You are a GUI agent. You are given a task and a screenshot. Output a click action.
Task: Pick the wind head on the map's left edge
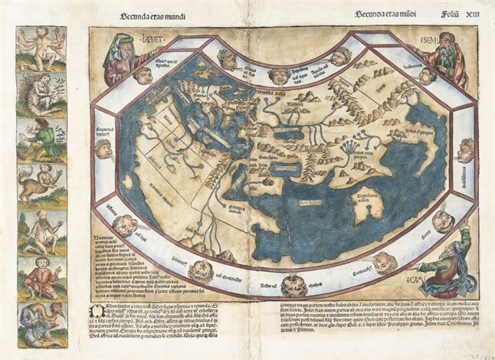(x=105, y=149)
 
